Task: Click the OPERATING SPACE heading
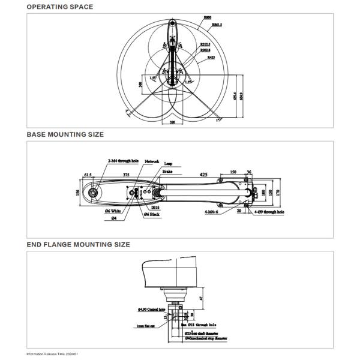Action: pyautogui.click(x=59, y=7)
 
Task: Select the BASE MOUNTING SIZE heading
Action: pyautogui.click(x=65, y=134)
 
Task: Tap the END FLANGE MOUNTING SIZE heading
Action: pyautogui.click(x=78, y=245)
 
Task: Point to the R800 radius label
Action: pyautogui.click(x=208, y=18)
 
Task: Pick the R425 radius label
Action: pyautogui.click(x=212, y=58)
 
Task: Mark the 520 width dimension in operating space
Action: pyautogui.click(x=173, y=121)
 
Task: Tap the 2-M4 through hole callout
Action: pyautogui.click(x=124, y=161)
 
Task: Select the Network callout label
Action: pyautogui.click(x=152, y=161)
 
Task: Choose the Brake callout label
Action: pyautogui.click(x=167, y=171)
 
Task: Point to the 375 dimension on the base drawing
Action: pyautogui.click(x=126, y=175)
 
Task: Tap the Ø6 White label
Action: pyautogui.click(x=115, y=212)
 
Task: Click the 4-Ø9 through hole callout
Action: pyautogui.click(x=269, y=212)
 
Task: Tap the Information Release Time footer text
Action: pyautogui.click(x=53, y=354)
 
